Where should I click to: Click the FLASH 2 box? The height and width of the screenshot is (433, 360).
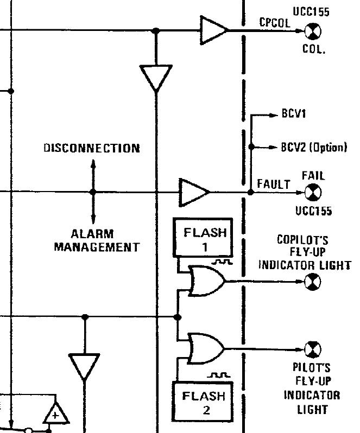(202, 402)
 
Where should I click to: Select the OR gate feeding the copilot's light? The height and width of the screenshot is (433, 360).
(205, 281)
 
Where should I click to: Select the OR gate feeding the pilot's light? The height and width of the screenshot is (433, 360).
(205, 348)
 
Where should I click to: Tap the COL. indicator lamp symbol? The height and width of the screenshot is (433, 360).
(313, 33)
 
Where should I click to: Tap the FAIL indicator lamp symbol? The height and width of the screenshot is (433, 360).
(313, 192)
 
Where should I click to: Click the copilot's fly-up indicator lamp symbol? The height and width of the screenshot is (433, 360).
(313, 281)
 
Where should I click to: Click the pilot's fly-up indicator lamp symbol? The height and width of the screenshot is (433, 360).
(313, 348)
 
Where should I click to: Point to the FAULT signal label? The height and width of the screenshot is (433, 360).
(274, 184)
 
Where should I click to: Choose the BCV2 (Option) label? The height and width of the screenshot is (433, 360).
(313, 147)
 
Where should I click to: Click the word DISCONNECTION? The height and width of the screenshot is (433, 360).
(91, 148)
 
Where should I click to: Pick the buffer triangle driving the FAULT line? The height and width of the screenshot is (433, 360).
(193, 192)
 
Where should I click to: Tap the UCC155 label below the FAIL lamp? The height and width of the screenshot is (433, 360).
(313, 211)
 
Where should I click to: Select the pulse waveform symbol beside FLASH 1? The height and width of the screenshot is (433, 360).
(223, 262)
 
